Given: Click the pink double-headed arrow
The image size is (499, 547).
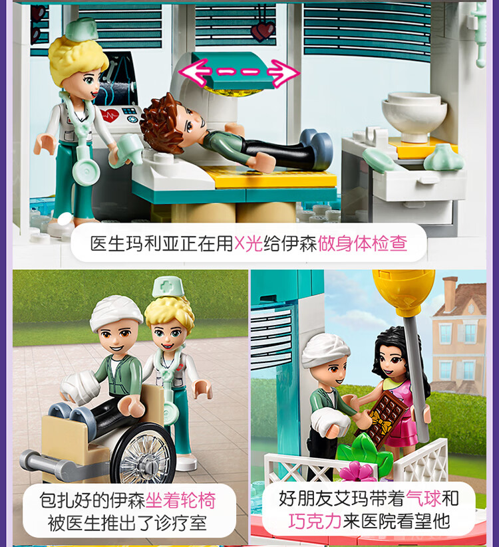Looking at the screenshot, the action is coord(239,72).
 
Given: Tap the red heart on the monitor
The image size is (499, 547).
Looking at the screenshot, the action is coord(110,115).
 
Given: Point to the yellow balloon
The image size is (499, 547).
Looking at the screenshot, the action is coord(404,290).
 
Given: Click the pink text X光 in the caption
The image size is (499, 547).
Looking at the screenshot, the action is coord(248,243).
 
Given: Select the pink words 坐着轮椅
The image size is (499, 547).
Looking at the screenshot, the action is coord(180,500).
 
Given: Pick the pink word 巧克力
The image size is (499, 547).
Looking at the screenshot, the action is coord(315,521).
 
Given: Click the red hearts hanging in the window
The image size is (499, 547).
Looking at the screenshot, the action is coord(263,31).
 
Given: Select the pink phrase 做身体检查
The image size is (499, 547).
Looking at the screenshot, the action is coord(363,243).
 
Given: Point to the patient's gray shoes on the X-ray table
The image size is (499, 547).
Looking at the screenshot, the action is coord(317,143).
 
